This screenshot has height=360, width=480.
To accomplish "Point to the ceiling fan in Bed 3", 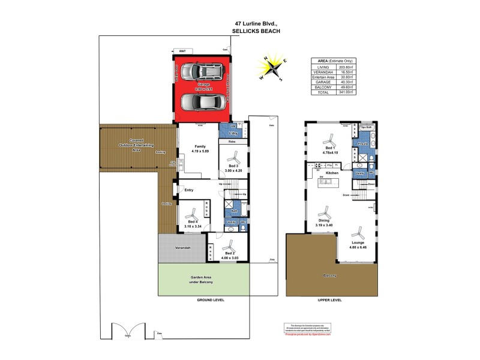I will coord(233,157).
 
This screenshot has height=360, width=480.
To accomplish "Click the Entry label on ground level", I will coord(189,190).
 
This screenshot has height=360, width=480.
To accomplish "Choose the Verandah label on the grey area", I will coord(183,248).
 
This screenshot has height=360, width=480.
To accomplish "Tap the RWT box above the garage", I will coord(182,52).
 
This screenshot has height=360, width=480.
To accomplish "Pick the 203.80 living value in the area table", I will coord(343,67).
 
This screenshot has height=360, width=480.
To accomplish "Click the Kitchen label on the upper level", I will coord(332,173).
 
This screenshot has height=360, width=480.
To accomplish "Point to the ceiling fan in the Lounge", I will coord(358,230).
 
